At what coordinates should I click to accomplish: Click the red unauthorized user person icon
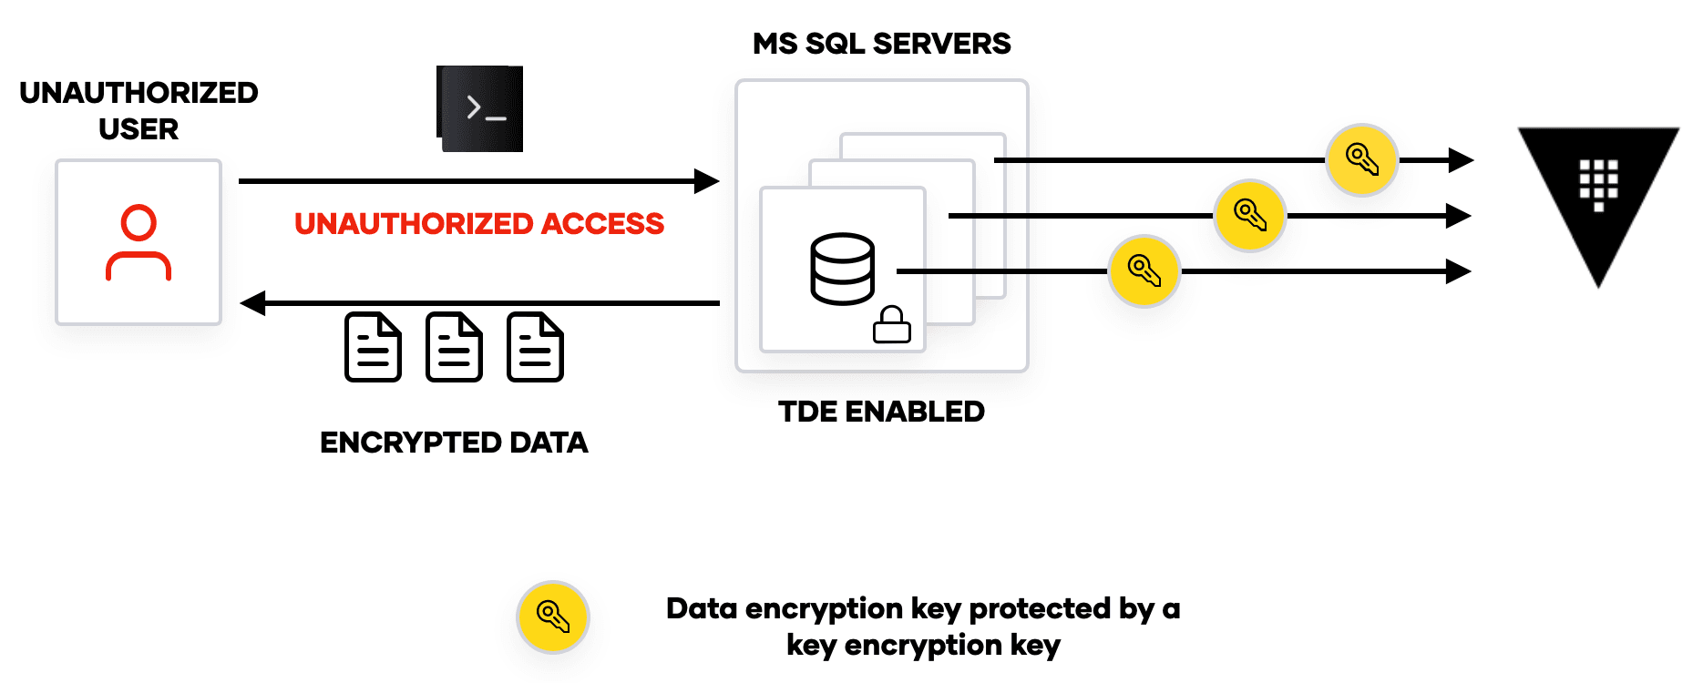[139, 243]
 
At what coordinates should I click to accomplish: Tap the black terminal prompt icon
[480, 108]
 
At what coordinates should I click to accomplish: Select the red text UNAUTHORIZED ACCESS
[479, 224]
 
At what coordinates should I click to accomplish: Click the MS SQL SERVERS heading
[881, 44]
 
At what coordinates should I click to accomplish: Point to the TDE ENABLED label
[881, 412]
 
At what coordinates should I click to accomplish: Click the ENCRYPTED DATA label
[454, 443]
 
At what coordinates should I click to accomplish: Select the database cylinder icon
[842, 269]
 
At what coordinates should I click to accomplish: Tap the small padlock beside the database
[891, 324]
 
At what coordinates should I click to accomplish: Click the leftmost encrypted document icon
[373, 347]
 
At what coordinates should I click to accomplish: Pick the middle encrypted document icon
[454, 347]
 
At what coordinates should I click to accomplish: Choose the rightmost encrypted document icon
[535, 347]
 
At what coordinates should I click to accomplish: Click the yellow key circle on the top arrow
[1361, 160]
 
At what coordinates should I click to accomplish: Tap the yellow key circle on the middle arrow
[1249, 216]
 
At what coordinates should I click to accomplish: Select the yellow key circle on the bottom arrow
[1144, 271]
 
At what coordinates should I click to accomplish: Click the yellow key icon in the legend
[552, 617]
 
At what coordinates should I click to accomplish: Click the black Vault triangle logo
[1598, 191]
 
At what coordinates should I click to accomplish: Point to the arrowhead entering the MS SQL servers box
[707, 181]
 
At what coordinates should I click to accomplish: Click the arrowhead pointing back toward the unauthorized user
[252, 303]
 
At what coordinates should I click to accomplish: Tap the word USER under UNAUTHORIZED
[139, 129]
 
